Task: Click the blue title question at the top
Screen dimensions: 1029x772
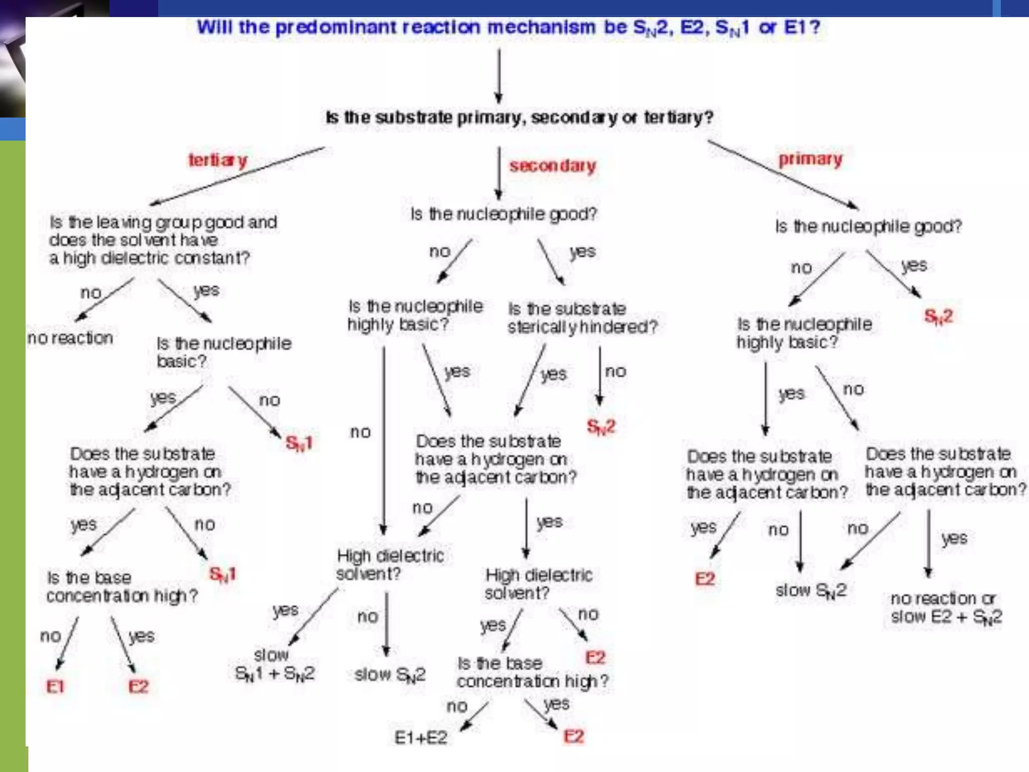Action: coord(508,27)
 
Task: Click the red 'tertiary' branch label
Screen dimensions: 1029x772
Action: coord(218,160)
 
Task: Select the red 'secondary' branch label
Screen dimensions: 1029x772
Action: coord(552,165)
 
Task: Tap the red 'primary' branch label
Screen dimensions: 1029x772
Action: coord(810,159)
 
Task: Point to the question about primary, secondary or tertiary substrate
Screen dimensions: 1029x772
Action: coord(519,118)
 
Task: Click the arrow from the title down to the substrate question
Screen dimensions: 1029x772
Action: coord(498,75)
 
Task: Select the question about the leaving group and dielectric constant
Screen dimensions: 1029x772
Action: coord(162,240)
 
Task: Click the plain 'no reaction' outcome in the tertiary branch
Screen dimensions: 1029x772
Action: coord(70,338)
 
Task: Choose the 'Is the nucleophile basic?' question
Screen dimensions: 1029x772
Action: coord(224,352)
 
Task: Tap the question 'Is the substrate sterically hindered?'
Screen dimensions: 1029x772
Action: coord(582,318)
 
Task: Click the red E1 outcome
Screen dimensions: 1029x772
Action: coord(55,687)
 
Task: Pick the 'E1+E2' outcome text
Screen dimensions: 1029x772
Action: coord(421,737)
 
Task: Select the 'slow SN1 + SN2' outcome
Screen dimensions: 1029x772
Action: coord(274,664)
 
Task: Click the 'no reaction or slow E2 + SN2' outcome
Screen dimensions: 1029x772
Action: coord(946,607)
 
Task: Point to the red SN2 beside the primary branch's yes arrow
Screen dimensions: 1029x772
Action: coord(938,317)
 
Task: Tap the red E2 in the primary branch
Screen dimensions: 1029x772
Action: coord(704,579)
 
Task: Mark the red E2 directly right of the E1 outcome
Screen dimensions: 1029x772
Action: coord(138,687)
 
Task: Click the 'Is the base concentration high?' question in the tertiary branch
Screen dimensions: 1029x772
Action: coord(122,587)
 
